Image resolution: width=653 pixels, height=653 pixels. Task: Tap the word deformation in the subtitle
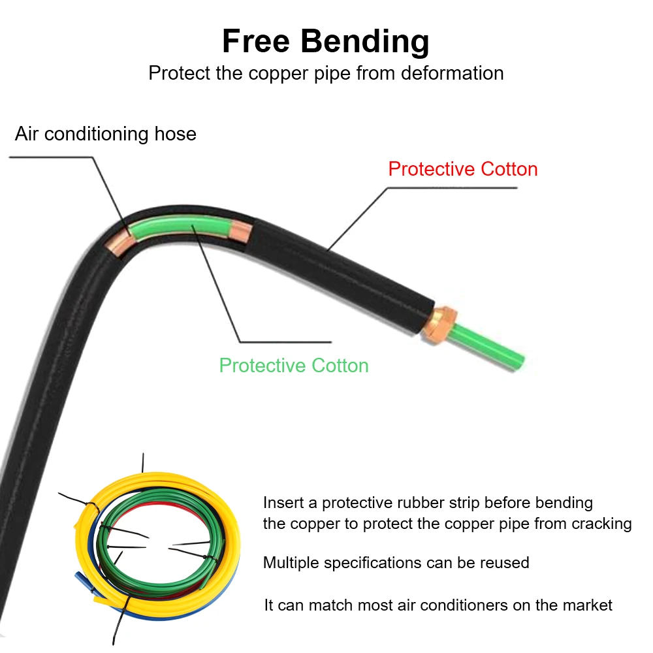pyautogui.click(x=452, y=73)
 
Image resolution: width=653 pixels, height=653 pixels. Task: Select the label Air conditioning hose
pyautogui.click(x=105, y=134)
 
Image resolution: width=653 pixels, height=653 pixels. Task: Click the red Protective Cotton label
pyautogui.click(x=462, y=169)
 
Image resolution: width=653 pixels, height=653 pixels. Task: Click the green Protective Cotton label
pyautogui.click(x=294, y=365)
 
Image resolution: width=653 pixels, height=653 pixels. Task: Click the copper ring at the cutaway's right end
pyautogui.click(x=240, y=232)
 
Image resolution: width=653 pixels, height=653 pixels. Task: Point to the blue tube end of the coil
pyautogui.click(x=82, y=579)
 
